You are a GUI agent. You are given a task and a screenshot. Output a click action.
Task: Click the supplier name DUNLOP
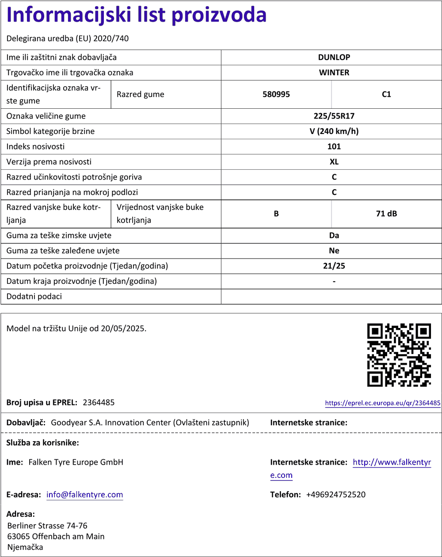pos(334,57)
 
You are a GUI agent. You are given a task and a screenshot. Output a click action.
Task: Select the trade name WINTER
pos(334,72)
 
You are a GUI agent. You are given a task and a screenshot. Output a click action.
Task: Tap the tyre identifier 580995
pos(276,94)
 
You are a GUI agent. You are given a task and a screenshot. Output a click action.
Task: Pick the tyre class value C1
pos(386,94)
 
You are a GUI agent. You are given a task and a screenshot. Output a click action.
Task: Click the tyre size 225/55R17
pos(334,116)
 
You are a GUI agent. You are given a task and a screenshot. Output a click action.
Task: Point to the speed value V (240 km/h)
pos(334,131)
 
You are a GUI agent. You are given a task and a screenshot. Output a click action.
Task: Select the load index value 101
pos(334,146)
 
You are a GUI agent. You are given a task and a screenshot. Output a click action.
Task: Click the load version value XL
pos(334,162)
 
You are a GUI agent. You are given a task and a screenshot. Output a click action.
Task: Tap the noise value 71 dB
pos(386,214)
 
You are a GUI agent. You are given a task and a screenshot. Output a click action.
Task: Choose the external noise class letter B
pos(276,214)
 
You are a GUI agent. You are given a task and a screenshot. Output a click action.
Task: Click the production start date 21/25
pos(334,266)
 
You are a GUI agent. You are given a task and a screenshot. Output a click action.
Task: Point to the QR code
pos(399,355)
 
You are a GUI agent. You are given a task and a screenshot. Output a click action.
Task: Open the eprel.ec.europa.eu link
pos(382,403)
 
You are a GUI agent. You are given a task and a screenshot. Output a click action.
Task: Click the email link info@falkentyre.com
pos(84,495)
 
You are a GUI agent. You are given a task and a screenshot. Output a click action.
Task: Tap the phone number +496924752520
pos(335,495)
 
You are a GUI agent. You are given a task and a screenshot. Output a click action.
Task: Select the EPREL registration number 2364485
pos(99,402)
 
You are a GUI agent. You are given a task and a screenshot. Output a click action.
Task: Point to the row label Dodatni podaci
pos(34,297)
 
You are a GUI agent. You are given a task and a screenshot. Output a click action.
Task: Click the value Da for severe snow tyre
pos(334,236)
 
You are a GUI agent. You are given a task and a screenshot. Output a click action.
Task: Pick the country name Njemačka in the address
pos(25,547)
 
